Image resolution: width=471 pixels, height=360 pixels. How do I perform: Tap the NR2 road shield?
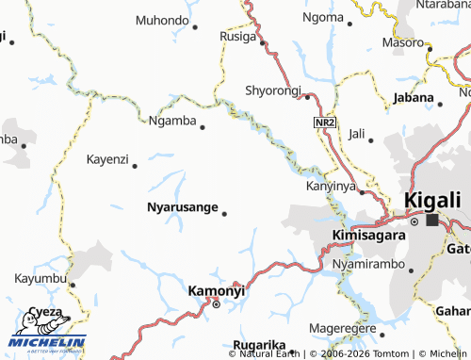point(324,123)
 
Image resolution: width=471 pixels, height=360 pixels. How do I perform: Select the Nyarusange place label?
point(183,206)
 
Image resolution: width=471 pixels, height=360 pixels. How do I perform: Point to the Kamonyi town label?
point(217,291)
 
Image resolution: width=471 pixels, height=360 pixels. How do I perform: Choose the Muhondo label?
point(162,20)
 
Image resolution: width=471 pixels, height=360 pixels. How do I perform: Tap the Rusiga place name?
point(238,37)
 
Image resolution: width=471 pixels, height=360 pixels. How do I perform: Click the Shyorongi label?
point(272,90)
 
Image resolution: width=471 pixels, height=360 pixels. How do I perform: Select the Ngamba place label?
point(172,121)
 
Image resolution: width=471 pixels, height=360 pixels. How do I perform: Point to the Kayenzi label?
point(106,159)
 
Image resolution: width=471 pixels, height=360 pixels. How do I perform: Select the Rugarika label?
point(258,346)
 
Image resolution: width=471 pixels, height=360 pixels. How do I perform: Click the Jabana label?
point(412,97)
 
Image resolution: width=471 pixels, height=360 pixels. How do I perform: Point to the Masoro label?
point(403,42)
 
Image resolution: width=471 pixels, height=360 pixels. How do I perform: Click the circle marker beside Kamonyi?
point(216,304)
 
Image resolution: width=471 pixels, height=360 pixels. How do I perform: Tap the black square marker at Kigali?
point(432,221)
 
